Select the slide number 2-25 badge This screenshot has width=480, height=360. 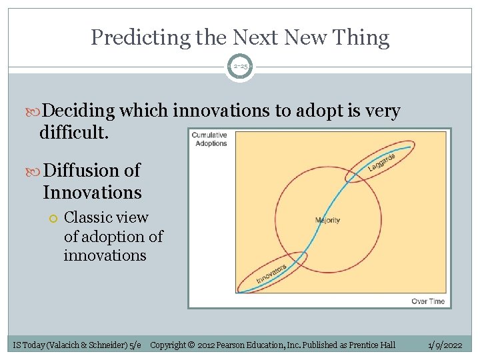tap(240, 66)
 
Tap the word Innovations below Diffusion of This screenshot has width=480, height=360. tap(92, 193)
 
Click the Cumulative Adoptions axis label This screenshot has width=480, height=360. tap(209, 139)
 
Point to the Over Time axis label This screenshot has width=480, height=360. tap(427, 301)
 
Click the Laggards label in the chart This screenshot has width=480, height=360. tap(382, 163)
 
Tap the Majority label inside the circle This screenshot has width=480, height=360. tap(327, 220)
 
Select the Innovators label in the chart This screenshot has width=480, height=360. tap(271, 273)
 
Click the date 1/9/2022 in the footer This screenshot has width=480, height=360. tap(446, 345)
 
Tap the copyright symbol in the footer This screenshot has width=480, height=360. tap(191, 345)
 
